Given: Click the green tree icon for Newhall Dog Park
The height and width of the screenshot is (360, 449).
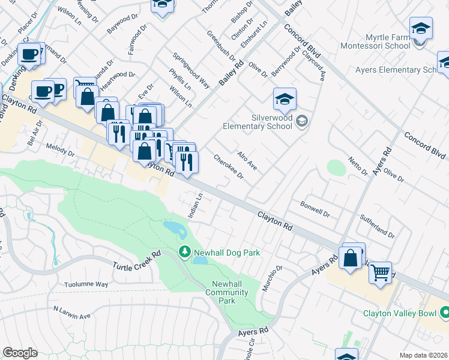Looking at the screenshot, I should coord(184,253).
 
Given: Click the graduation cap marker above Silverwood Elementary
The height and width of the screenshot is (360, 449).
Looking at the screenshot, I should coord(285,100).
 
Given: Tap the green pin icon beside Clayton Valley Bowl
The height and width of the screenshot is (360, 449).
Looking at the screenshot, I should coord(445,313).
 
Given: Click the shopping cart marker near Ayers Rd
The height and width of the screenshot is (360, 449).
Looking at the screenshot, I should coord(380,273).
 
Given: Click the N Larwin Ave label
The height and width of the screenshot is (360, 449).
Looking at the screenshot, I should coord(71,313).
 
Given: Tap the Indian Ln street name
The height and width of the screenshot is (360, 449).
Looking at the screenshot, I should coord(196,205).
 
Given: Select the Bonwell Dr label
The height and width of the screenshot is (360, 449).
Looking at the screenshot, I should coord(315,209).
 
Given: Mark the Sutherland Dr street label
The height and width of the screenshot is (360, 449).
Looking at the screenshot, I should coord(377,226).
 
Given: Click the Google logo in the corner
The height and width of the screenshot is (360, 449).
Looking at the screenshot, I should coord(20,353).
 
